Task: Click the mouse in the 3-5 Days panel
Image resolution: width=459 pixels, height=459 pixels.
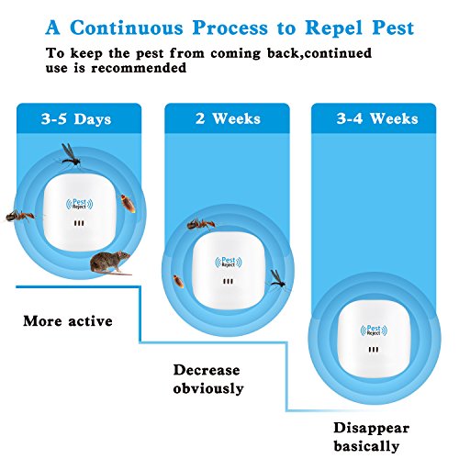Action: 111,263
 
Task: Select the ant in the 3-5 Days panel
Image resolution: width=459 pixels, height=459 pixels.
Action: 20,216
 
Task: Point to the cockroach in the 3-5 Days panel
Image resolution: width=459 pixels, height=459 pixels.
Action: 128,203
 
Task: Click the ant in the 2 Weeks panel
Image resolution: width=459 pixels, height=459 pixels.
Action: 201,225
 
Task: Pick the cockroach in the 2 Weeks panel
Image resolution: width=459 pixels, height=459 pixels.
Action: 178,281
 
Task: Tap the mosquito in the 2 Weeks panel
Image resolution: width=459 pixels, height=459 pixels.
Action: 278,279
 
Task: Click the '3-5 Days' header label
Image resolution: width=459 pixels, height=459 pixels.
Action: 76,118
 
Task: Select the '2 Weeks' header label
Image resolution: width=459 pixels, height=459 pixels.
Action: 228,118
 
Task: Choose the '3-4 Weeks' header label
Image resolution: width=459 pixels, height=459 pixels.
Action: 377,118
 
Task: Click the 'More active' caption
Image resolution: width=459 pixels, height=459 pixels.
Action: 68,321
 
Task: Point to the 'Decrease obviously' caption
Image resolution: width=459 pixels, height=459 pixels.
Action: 208,379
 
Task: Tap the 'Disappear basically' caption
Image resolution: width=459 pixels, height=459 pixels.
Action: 371,437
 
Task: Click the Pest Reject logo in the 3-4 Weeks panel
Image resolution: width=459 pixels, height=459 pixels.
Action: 374,330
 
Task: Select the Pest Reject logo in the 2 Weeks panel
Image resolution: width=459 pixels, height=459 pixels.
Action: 229,263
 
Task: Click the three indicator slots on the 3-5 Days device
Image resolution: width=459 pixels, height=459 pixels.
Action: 79,223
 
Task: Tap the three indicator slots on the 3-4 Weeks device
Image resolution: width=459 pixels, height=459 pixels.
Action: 374,349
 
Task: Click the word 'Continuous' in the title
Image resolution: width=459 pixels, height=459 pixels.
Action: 127,28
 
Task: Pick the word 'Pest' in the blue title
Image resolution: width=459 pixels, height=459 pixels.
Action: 393,28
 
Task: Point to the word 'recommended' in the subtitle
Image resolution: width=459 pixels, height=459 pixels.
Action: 139,68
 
